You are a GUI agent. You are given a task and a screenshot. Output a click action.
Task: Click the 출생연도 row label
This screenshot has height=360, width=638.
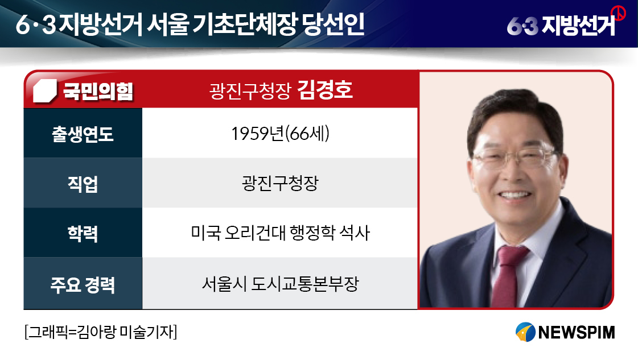[83, 134]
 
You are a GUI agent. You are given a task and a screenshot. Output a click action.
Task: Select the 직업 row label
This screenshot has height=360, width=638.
[83, 184]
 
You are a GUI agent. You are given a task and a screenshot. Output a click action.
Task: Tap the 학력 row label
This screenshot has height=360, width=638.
[83, 233]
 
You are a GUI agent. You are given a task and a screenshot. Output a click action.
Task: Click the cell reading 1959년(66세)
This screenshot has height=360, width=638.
[281, 134]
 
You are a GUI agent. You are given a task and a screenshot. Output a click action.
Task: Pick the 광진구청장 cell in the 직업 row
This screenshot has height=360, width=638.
[281, 183]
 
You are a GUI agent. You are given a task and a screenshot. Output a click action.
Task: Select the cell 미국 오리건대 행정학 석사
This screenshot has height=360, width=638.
[281, 233]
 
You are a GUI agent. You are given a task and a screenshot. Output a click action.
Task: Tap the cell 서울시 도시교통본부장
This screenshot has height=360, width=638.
[281, 284]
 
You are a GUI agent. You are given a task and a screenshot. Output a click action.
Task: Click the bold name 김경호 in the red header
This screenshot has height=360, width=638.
[325, 89]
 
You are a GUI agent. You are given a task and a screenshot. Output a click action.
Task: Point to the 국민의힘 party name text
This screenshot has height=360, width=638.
[98, 90]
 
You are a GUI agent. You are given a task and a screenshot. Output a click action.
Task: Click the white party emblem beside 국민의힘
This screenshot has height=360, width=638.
[45, 91]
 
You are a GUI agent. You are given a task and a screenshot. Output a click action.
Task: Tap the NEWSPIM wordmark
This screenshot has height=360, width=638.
[576, 332]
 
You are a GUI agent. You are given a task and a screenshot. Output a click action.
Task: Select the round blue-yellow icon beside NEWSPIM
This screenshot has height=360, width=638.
[525, 332]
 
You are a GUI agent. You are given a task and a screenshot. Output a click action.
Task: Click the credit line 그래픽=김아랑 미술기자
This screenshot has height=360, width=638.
[101, 332]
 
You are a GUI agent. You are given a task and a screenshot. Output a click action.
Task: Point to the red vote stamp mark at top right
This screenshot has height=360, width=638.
[619, 14]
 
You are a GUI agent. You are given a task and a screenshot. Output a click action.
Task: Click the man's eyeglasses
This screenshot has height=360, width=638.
[514, 159]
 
